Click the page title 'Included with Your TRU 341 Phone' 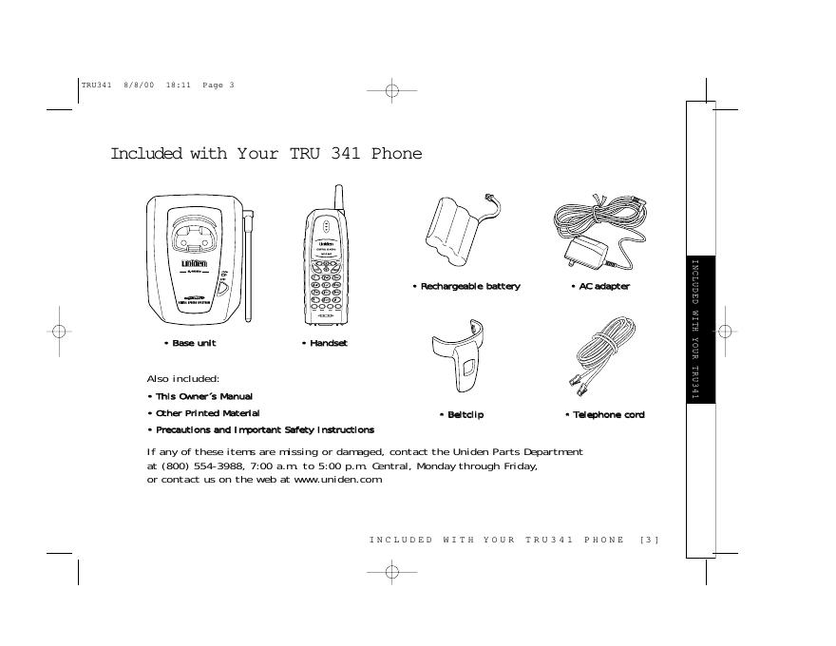(x=266, y=154)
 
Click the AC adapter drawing (x=598, y=232)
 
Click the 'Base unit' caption (x=193, y=342)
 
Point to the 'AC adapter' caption (x=602, y=286)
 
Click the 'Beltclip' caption (x=464, y=415)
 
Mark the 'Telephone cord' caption (x=607, y=415)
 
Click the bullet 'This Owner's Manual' (x=202, y=396)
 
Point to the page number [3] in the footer (x=650, y=540)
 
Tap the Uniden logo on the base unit (x=195, y=263)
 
